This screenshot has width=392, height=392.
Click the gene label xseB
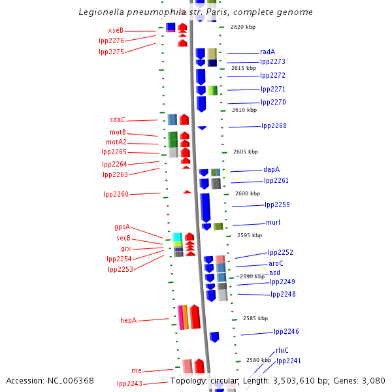click(116, 31)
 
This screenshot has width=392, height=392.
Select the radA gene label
click(267, 52)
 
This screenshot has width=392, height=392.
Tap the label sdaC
click(118, 120)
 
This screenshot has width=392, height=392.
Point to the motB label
click(118, 133)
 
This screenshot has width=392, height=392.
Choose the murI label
click(273, 223)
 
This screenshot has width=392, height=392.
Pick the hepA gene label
click(128, 321)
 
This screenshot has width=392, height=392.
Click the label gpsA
click(122, 227)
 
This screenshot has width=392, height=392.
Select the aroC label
click(276, 264)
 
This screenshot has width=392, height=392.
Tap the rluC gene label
click(282, 350)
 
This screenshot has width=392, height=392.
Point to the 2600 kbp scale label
click(248, 193)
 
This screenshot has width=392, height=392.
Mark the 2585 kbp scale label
click(255, 318)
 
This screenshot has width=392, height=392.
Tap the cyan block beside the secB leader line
click(177, 237)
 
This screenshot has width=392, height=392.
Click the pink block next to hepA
click(181, 317)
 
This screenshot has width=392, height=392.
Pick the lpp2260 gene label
click(116, 194)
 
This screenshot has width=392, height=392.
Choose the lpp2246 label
click(286, 332)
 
